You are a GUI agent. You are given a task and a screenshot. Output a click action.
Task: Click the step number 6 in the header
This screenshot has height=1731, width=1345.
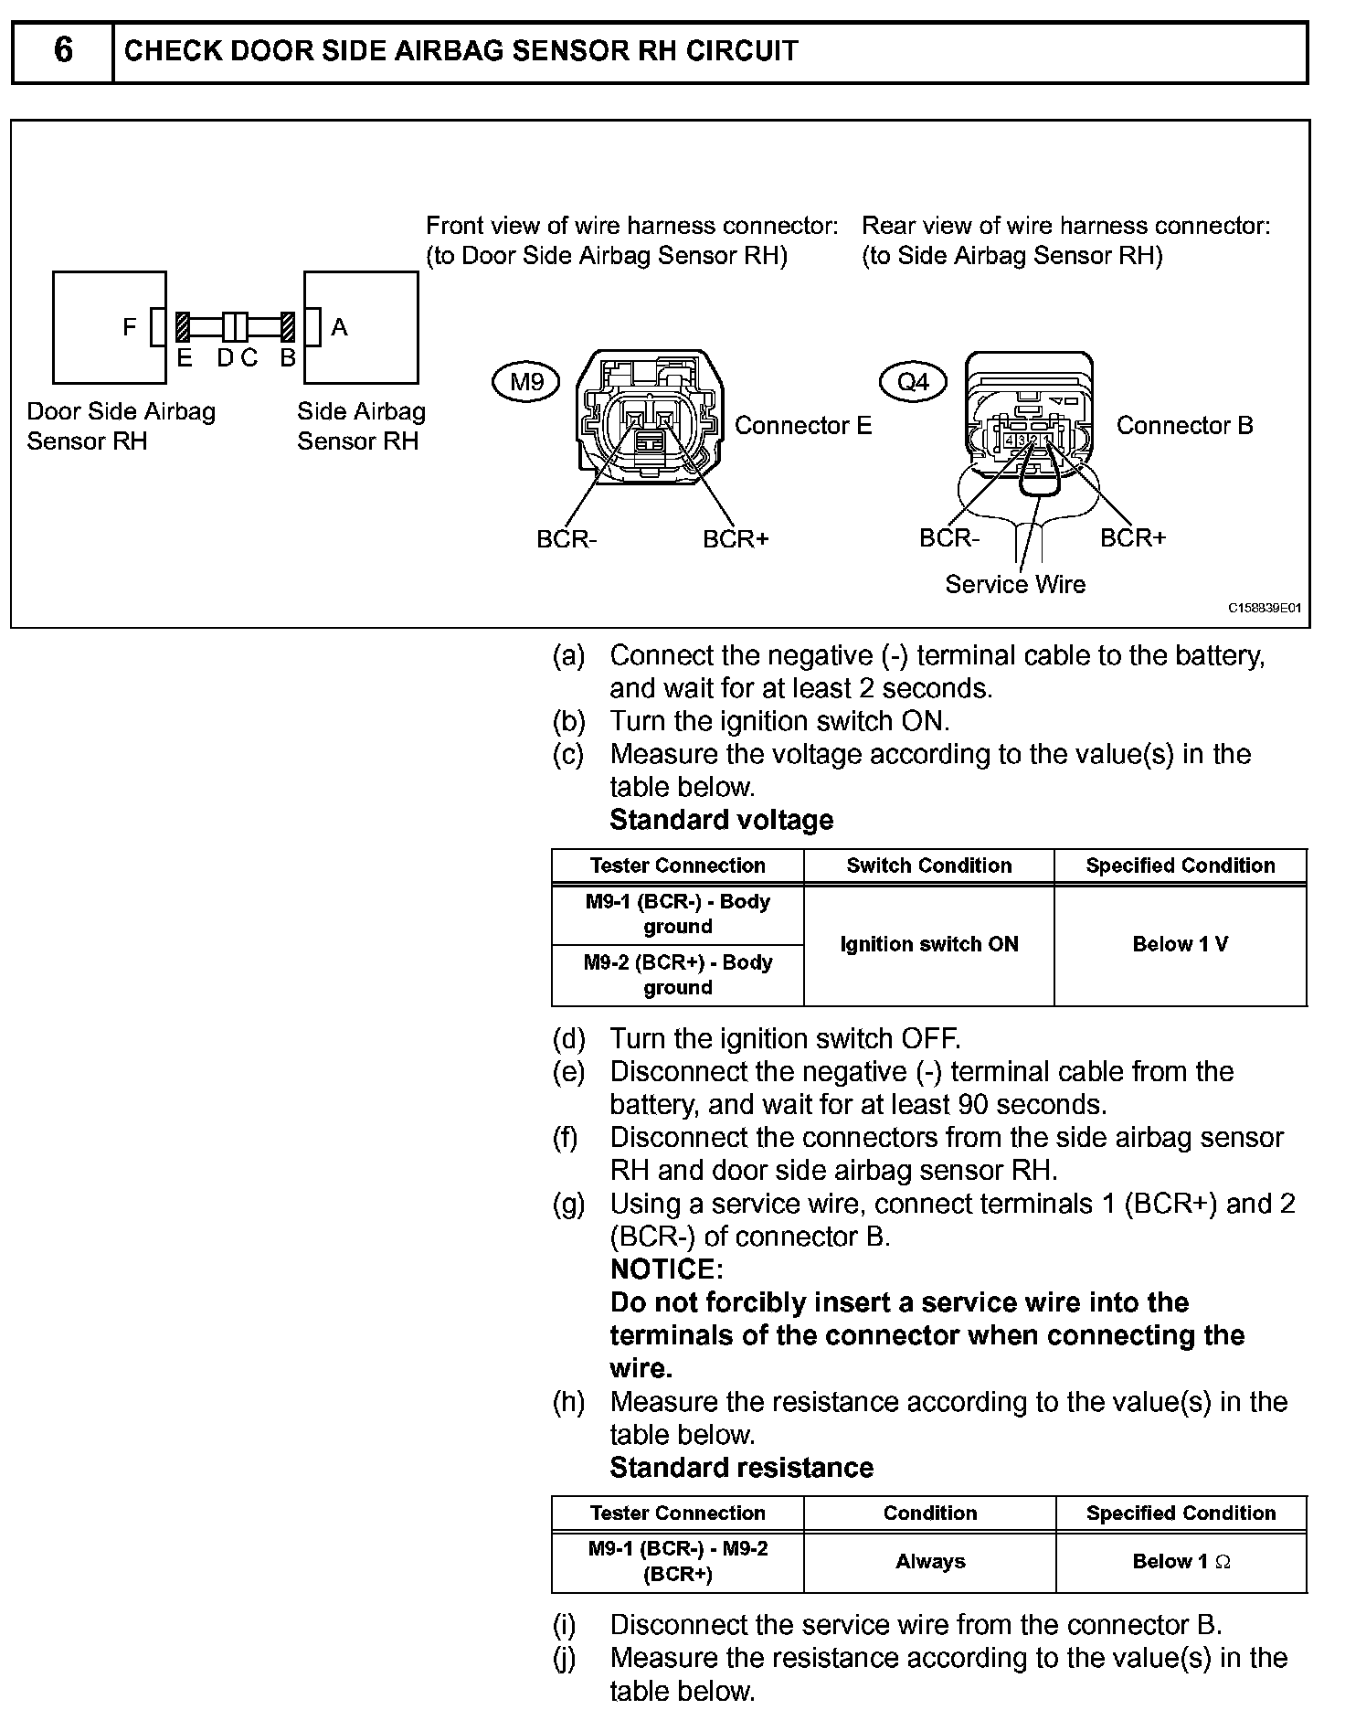(63, 50)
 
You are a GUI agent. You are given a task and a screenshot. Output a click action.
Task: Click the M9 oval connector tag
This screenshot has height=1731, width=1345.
(526, 381)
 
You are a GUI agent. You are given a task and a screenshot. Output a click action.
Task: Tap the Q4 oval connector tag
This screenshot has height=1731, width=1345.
(913, 381)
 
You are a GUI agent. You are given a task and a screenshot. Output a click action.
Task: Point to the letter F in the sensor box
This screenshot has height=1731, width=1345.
(130, 327)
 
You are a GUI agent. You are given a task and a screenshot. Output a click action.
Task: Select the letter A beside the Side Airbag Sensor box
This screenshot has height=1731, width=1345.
(340, 327)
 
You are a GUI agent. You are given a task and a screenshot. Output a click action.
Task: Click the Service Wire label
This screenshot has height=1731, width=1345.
(1015, 584)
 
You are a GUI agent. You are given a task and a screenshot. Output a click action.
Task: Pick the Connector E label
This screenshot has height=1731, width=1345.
(803, 425)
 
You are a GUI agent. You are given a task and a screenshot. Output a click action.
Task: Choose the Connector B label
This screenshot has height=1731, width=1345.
(1184, 425)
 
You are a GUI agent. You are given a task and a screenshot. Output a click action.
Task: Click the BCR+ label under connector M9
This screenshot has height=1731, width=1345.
(736, 539)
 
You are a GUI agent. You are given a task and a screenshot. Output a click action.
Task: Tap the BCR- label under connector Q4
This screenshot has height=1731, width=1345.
(948, 537)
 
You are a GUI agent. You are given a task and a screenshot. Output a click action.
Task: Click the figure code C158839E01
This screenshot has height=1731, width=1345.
(1265, 608)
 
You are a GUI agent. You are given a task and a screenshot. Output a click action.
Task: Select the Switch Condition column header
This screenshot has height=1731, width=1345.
(929, 865)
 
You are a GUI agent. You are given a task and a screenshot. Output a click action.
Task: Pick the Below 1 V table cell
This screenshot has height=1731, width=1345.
(1181, 944)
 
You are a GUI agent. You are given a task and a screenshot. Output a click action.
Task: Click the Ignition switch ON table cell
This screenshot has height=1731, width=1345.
(929, 944)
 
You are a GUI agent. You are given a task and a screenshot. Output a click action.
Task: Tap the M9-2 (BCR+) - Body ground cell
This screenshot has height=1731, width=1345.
(678, 974)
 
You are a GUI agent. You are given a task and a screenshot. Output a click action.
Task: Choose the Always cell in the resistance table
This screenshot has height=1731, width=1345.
(930, 1561)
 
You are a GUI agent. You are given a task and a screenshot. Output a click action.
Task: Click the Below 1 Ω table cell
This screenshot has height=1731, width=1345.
(1181, 1561)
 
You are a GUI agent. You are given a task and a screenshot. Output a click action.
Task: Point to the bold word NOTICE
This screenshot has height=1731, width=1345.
(666, 1269)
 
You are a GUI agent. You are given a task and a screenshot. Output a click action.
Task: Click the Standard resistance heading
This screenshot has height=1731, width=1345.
(741, 1468)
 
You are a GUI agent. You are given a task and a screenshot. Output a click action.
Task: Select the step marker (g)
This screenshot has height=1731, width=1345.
(568, 1204)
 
